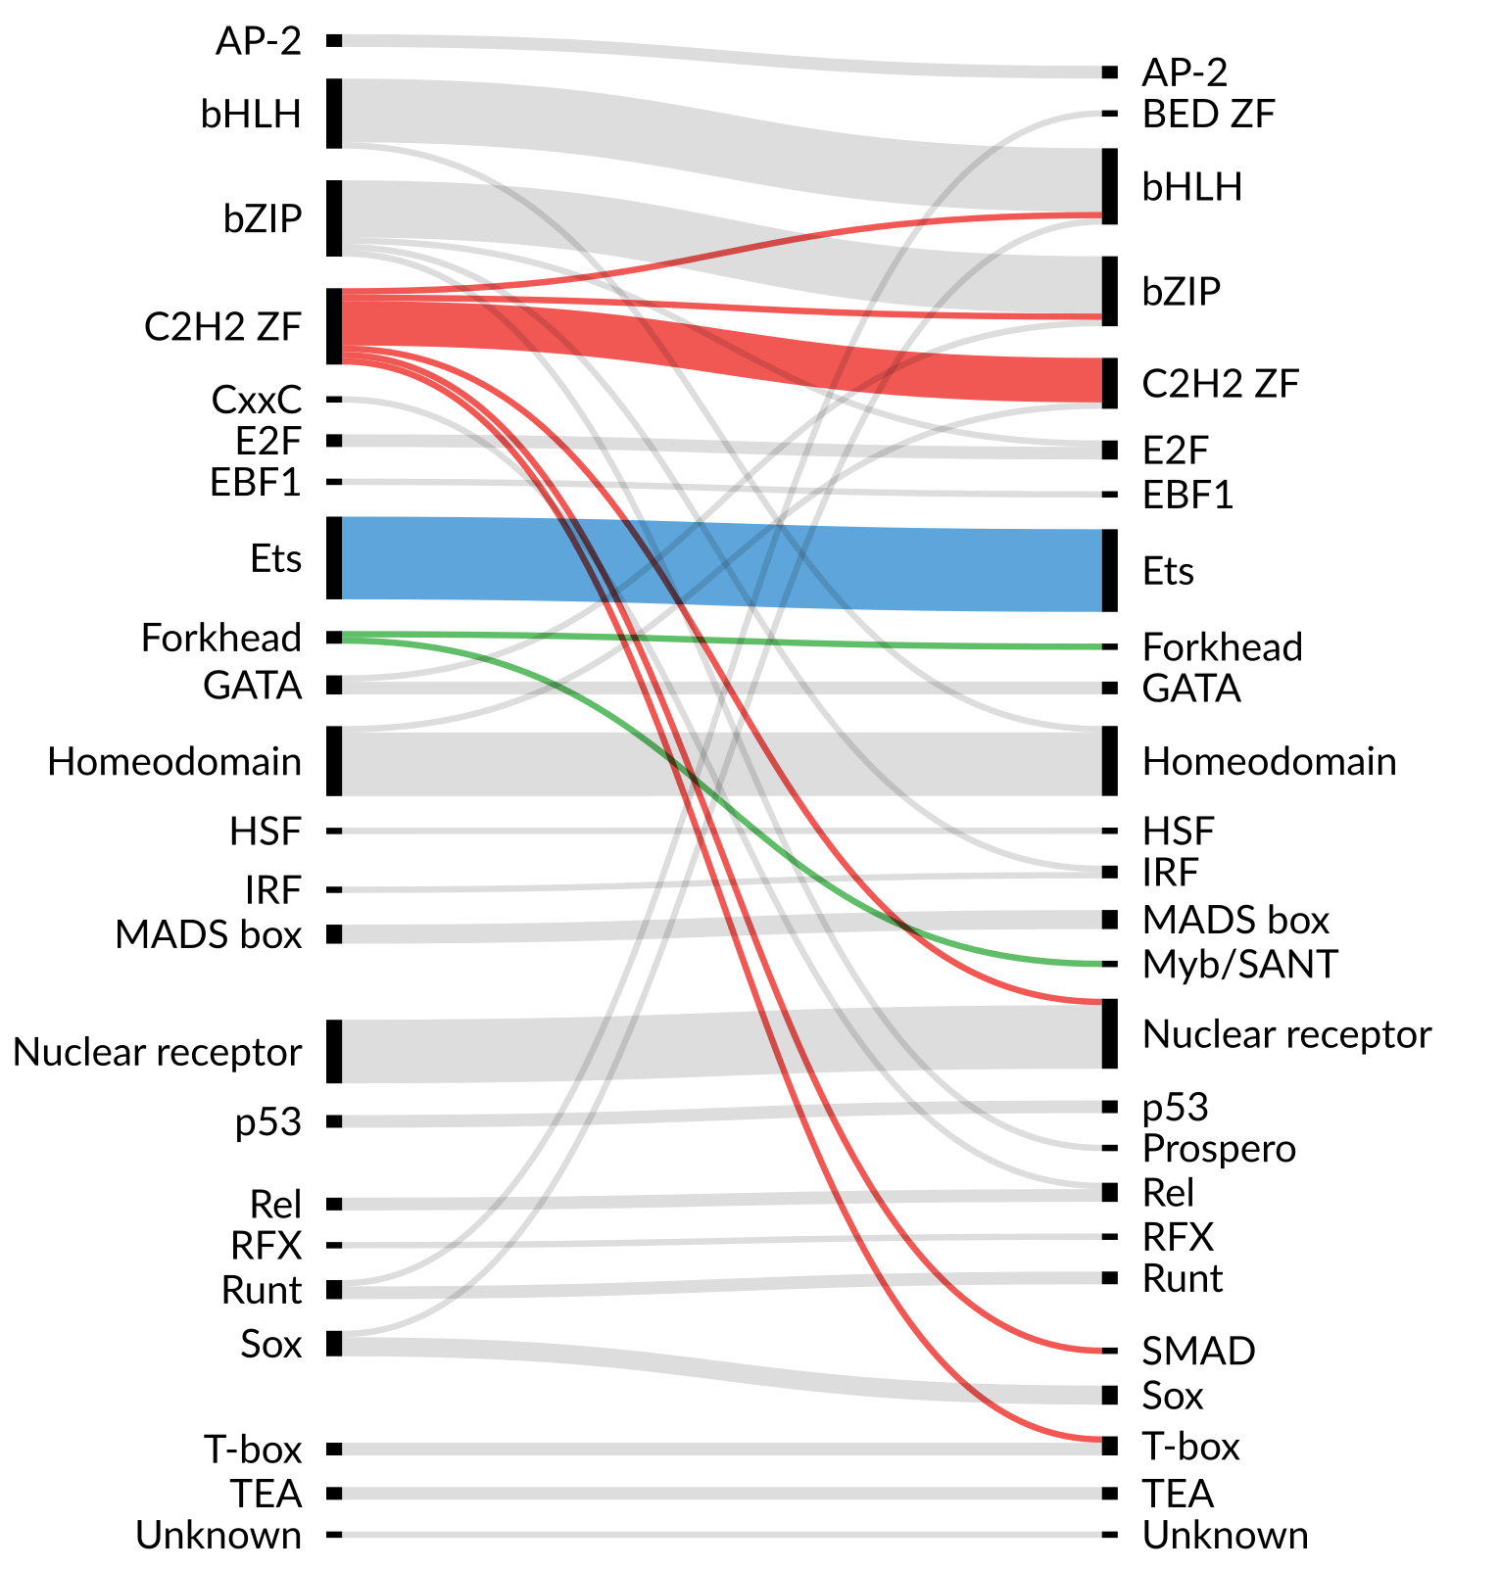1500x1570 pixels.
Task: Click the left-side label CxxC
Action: pyautogui.click(x=256, y=400)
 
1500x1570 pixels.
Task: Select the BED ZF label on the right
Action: pyautogui.click(x=1208, y=115)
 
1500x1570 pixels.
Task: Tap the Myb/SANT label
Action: pyautogui.click(x=1239, y=965)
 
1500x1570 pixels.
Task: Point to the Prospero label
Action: pyautogui.click(x=1219, y=1148)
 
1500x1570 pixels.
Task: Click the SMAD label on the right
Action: pyautogui.click(x=1198, y=1352)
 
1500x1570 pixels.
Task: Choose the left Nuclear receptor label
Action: pyautogui.click(x=157, y=1052)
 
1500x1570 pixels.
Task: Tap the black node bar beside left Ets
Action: pyautogui.click(x=334, y=558)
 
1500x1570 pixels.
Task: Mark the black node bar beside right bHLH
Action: pyautogui.click(x=1109, y=186)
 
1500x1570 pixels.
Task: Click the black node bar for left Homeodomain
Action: pyautogui.click(x=334, y=761)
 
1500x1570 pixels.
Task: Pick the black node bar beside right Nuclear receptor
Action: pyautogui.click(x=1109, y=1034)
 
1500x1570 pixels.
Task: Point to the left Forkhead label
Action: pyautogui.click(x=221, y=638)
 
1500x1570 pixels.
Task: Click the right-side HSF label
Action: pyautogui.click(x=1178, y=832)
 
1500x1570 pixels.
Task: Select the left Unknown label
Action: pyautogui.click(x=218, y=1535)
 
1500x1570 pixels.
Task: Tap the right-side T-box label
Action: pyautogui.click(x=1190, y=1447)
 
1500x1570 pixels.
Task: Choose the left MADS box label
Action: pyautogui.click(x=208, y=934)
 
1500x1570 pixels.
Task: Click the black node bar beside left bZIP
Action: pyautogui.click(x=334, y=218)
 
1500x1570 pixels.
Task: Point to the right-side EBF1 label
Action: pyautogui.click(x=1187, y=496)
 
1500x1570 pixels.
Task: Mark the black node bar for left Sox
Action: pyautogui.click(x=334, y=1344)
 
